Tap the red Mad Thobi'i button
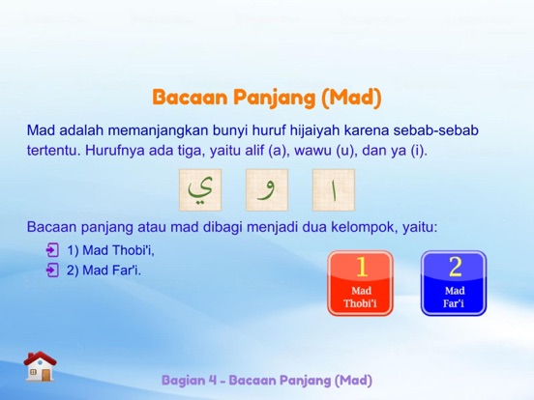tap(360, 282)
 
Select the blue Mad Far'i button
tap(454, 282)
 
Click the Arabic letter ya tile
tap(199, 190)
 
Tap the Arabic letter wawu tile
tap(266, 190)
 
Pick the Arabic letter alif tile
tap(333, 190)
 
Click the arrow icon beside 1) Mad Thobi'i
tap(52, 250)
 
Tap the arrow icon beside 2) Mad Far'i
tap(52, 270)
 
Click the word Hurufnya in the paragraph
tap(115, 152)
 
